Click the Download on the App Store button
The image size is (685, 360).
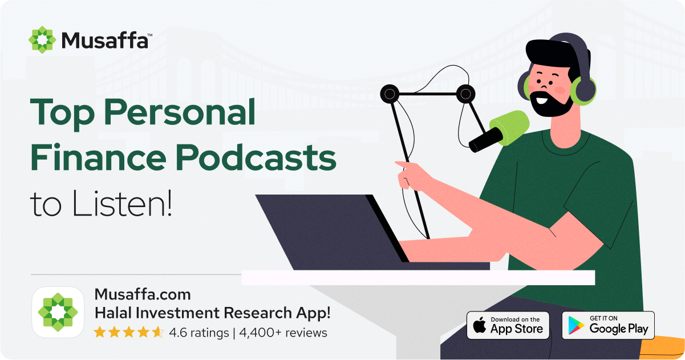508,325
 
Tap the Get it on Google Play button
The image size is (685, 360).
608,325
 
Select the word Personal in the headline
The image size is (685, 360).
180,112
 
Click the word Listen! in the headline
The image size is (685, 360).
122,203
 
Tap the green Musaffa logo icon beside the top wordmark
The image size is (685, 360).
42,40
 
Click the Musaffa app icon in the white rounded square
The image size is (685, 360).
58,312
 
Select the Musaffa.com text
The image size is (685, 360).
143,294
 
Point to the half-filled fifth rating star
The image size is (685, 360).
158,332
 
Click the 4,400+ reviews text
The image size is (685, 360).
283,333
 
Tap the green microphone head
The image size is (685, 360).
509,128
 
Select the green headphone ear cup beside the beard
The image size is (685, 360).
583,91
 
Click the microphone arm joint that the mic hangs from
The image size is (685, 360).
465,94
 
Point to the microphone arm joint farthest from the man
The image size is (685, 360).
390,94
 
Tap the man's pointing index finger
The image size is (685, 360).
404,165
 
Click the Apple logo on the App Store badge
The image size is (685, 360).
480,325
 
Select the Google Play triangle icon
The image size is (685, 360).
575,325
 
